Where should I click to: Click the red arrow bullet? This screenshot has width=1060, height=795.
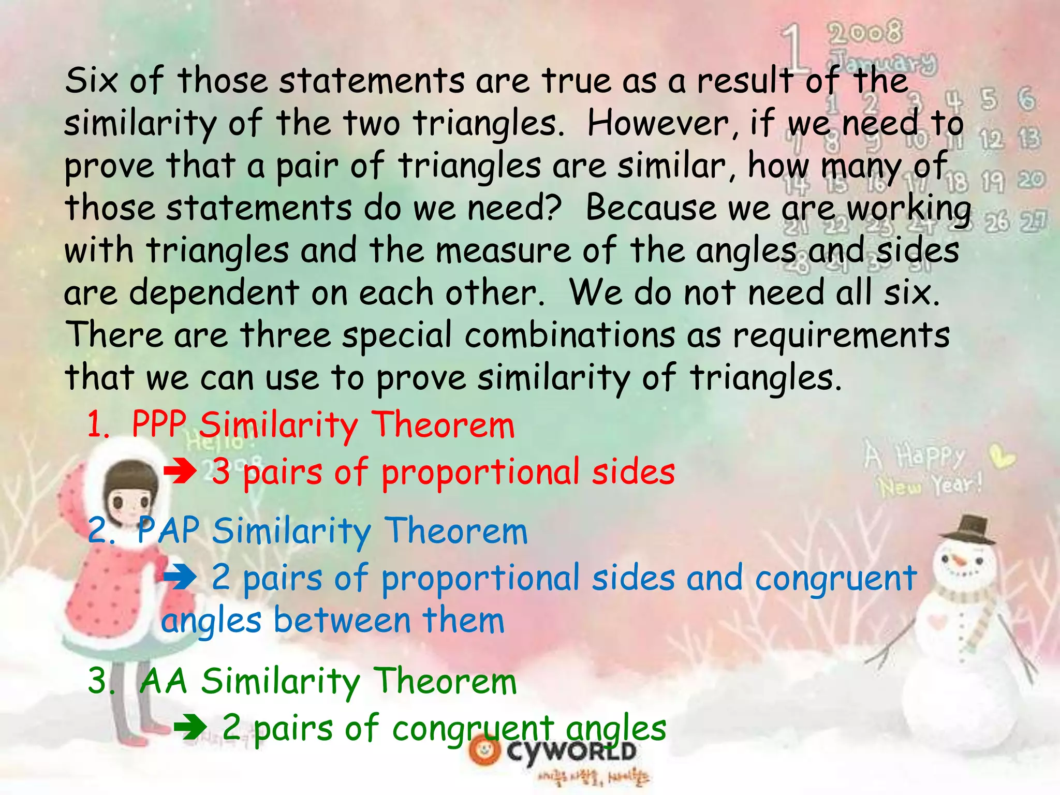[x=180, y=472]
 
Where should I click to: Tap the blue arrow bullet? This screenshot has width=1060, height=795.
[x=180, y=577]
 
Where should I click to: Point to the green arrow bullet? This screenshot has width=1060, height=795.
[x=190, y=727]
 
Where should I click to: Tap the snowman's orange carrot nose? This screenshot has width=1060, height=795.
[x=959, y=561]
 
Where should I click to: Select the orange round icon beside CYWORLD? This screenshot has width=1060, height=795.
[x=485, y=752]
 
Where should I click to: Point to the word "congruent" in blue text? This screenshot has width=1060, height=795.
[x=835, y=578]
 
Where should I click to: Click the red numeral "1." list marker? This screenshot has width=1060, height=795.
[x=98, y=425]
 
